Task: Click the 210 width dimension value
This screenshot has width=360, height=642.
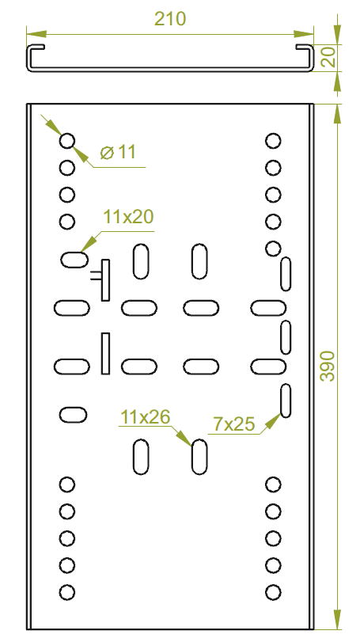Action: [x=170, y=19]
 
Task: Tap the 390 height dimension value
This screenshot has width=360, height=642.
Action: [x=328, y=366]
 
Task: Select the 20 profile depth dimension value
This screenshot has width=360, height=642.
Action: [x=328, y=57]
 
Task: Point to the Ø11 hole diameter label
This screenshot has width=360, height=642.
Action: [x=118, y=152]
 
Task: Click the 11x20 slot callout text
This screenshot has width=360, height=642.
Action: [x=128, y=217]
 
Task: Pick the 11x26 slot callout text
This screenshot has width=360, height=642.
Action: [x=145, y=417]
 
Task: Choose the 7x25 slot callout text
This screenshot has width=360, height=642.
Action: [x=234, y=424]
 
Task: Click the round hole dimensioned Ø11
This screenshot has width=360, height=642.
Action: [x=67, y=141]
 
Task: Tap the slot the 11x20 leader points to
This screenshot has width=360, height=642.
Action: [x=74, y=260]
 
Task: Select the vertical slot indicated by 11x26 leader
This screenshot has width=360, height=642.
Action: [x=199, y=457]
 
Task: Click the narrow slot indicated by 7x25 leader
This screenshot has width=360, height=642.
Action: [x=286, y=401]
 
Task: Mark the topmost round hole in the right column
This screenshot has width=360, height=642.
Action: [x=273, y=141]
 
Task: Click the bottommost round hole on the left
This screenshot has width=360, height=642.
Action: [x=67, y=592]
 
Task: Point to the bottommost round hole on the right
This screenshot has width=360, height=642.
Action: [x=273, y=592]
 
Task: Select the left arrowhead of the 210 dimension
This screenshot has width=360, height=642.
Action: [x=36, y=33]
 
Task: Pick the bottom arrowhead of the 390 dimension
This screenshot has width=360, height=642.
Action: [x=337, y=620]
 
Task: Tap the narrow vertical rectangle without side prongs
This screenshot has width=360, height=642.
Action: [x=105, y=353]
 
